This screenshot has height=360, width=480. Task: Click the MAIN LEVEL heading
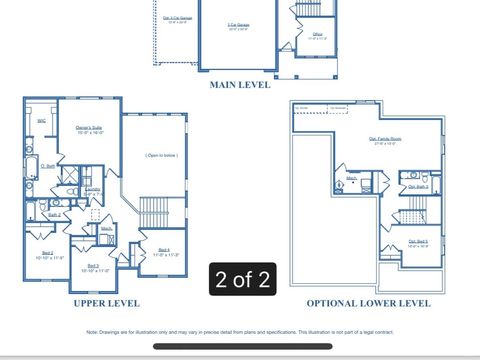pyautogui.click(x=240, y=85)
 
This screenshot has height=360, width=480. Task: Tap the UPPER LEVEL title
pyautogui.click(x=106, y=303)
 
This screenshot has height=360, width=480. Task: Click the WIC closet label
pyautogui.click(x=41, y=121)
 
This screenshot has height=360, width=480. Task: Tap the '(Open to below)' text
pyautogui.click(x=161, y=155)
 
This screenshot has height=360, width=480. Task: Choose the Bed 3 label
pyautogui.click(x=92, y=267)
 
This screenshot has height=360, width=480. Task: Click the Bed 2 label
pyautogui.click(x=47, y=255)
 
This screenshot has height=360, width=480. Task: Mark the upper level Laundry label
pyautogui.click(x=91, y=191)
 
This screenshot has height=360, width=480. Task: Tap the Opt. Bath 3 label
pyautogui.click(x=418, y=187)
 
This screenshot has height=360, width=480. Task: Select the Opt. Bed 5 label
pyautogui.click(x=418, y=242)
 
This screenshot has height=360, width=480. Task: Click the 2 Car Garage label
pyautogui.click(x=238, y=25)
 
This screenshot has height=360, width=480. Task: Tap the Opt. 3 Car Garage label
pyautogui.click(x=178, y=19)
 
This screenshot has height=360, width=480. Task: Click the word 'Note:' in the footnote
pyautogui.click(x=93, y=331)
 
